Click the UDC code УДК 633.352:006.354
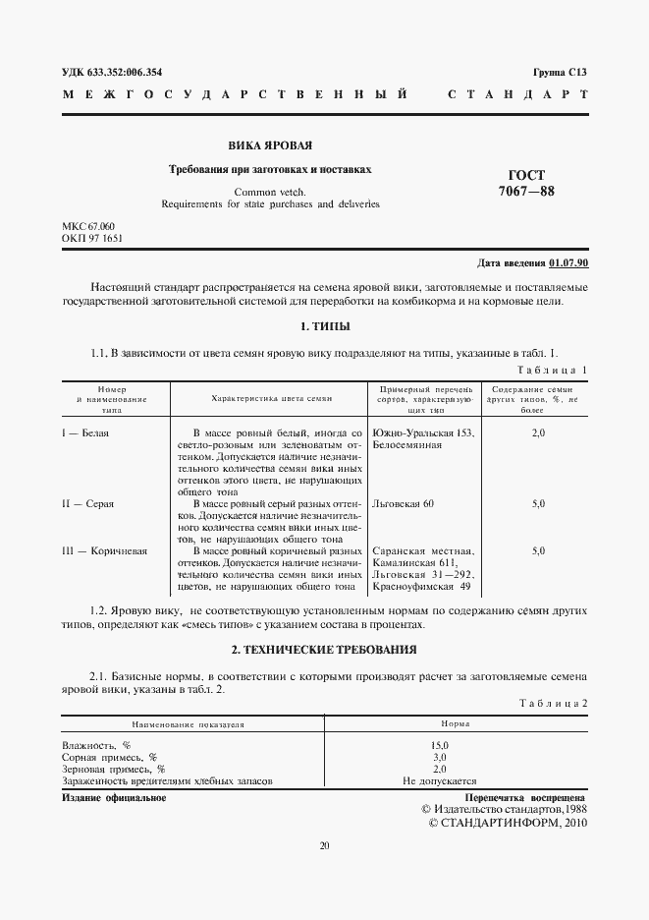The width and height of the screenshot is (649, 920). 112,73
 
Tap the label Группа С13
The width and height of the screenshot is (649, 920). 560,73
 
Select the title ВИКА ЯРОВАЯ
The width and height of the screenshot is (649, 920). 270,144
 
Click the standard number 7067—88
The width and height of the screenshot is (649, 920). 527,191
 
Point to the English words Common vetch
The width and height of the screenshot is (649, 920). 270,191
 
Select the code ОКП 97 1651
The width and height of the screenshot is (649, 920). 92,239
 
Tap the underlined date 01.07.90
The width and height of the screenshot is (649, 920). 568,263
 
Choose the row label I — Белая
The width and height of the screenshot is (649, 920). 85,432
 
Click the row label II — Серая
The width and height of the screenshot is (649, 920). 87,503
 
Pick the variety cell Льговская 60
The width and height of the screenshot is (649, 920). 404,503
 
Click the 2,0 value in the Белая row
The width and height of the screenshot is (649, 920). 538,432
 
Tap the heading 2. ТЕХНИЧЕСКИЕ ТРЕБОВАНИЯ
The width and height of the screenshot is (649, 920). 324,650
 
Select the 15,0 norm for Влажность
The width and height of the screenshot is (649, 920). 439,746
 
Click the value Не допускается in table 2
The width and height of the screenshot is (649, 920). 439,781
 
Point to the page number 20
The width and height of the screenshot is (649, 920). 324,844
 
